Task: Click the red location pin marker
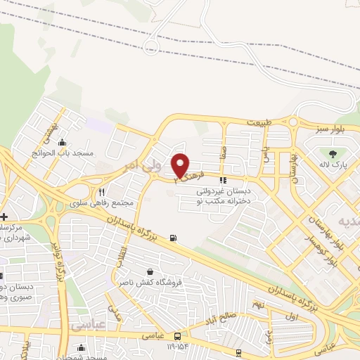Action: point(181,165)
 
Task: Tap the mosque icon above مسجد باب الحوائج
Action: point(63,141)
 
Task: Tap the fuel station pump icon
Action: point(173,237)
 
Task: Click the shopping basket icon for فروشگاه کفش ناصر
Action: point(149,271)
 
